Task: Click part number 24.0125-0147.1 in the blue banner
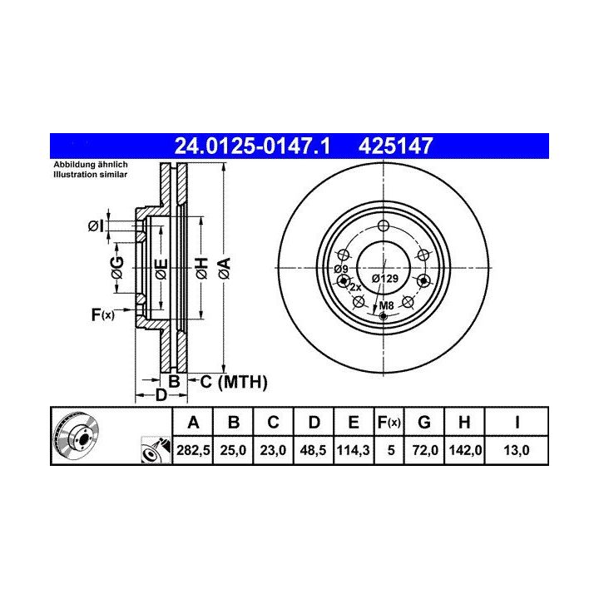click(252, 146)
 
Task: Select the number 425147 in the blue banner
click(395, 146)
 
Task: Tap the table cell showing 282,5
click(193, 450)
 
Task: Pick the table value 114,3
click(353, 450)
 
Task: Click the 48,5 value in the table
click(313, 450)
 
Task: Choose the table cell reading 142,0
click(465, 450)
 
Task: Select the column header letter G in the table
click(424, 423)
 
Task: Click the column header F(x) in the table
click(389, 423)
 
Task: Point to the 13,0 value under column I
click(517, 450)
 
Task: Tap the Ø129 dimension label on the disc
click(385, 279)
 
